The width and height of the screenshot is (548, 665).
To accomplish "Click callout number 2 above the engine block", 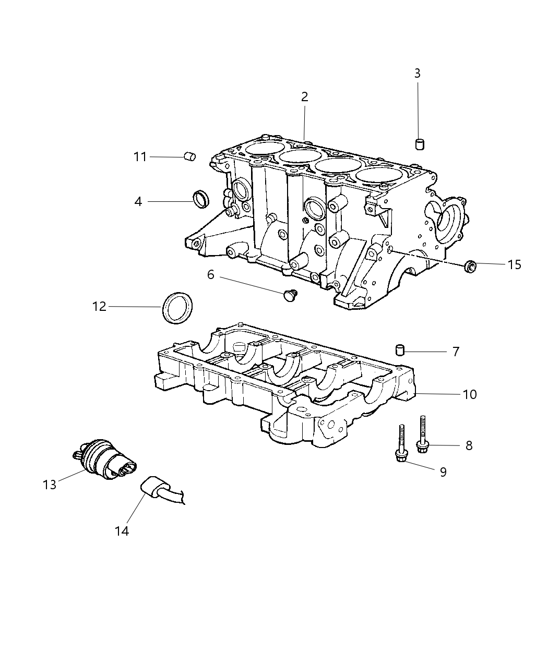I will (x=304, y=96).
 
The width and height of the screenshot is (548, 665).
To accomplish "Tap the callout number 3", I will (x=417, y=74).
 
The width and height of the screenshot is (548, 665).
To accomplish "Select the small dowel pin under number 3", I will (x=419, y=144).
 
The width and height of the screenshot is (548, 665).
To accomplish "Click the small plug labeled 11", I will (x=190, y=156).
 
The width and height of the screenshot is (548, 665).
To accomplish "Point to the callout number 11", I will (x=140, y=156).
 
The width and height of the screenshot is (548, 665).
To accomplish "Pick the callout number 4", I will (x=138, y=201).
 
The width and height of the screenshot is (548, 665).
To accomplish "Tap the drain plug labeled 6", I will (x=289, y=296).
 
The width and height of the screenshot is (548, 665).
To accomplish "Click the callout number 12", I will (x=99, y=307).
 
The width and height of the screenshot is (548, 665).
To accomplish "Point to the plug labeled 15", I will (x=470, y=267).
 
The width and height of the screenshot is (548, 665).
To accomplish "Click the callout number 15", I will (x=514, y=265).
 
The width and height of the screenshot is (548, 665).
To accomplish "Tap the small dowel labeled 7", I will (x=400, y=349).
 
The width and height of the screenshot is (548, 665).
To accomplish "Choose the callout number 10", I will (x=470, y=394).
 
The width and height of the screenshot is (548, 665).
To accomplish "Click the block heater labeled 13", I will (x=104, y=458).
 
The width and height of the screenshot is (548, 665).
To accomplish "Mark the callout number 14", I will (x=122, y=531).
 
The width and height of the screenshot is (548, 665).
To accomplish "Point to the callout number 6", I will (x=211, y=274).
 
